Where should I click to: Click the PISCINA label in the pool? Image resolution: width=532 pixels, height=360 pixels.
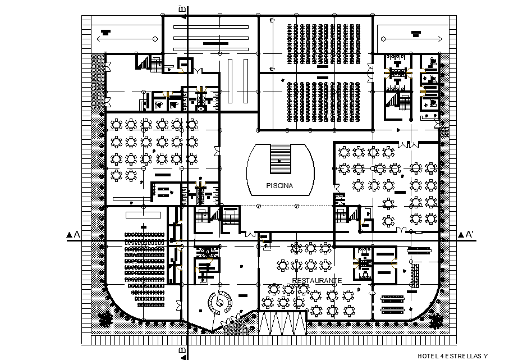pos(281,185)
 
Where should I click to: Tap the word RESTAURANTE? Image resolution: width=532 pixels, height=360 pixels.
pos(317,280)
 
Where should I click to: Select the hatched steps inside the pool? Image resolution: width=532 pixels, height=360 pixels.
pos(281,159)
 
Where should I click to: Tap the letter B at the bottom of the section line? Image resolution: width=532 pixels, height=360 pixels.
pos(182,352)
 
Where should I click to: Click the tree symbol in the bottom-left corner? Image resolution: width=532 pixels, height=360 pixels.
pos(105,319)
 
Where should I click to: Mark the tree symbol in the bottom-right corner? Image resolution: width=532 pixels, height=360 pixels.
pos(435,320)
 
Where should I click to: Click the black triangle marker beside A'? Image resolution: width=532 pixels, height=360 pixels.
pos(460,235)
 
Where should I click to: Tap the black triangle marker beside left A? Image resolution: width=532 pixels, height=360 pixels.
pos(68,235)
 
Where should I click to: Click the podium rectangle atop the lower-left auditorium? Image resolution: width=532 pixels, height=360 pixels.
pos(143,215)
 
